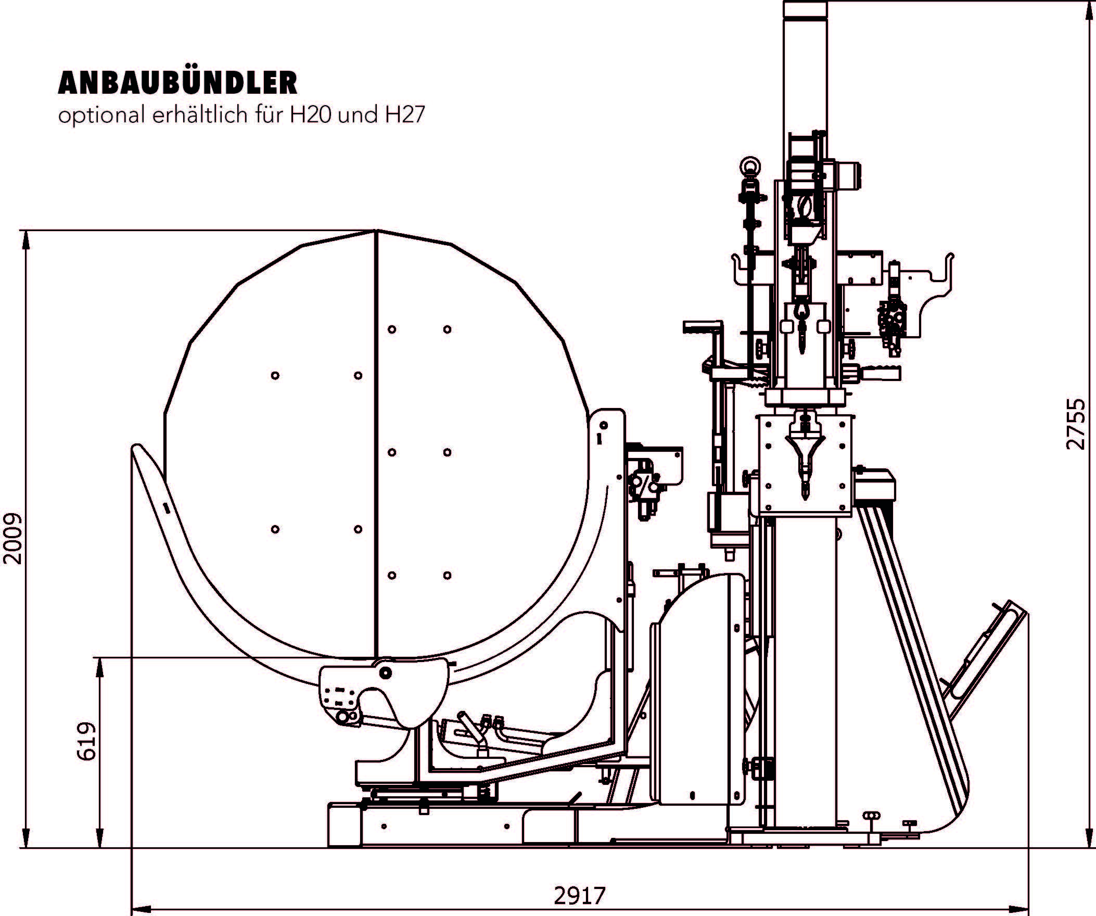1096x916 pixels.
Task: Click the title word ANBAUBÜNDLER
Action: click(177, 82)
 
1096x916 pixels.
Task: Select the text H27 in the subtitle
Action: click(405, 116)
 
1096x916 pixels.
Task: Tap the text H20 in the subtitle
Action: click(311, 116)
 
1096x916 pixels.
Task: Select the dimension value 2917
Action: click(579, 896)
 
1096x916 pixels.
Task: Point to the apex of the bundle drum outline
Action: click(376, 230)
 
